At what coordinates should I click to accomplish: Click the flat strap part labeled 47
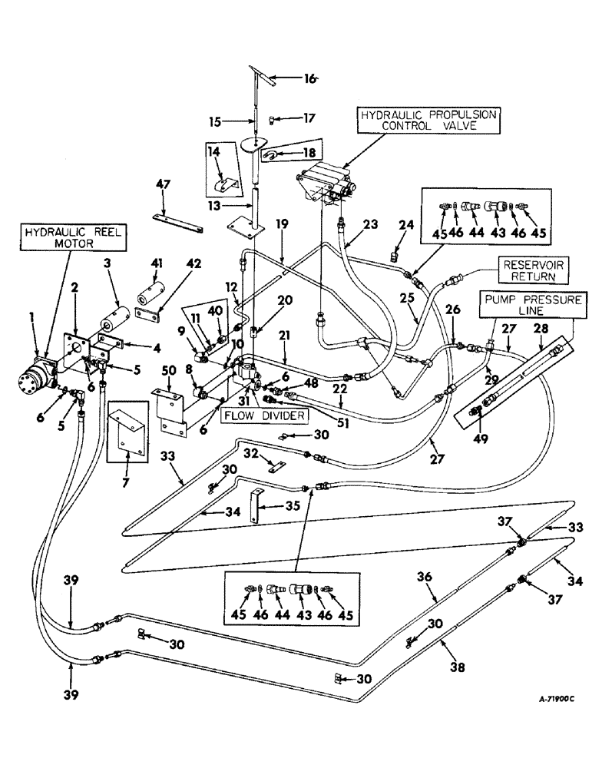point(177,223)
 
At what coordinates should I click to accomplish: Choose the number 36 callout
point(425,576)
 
